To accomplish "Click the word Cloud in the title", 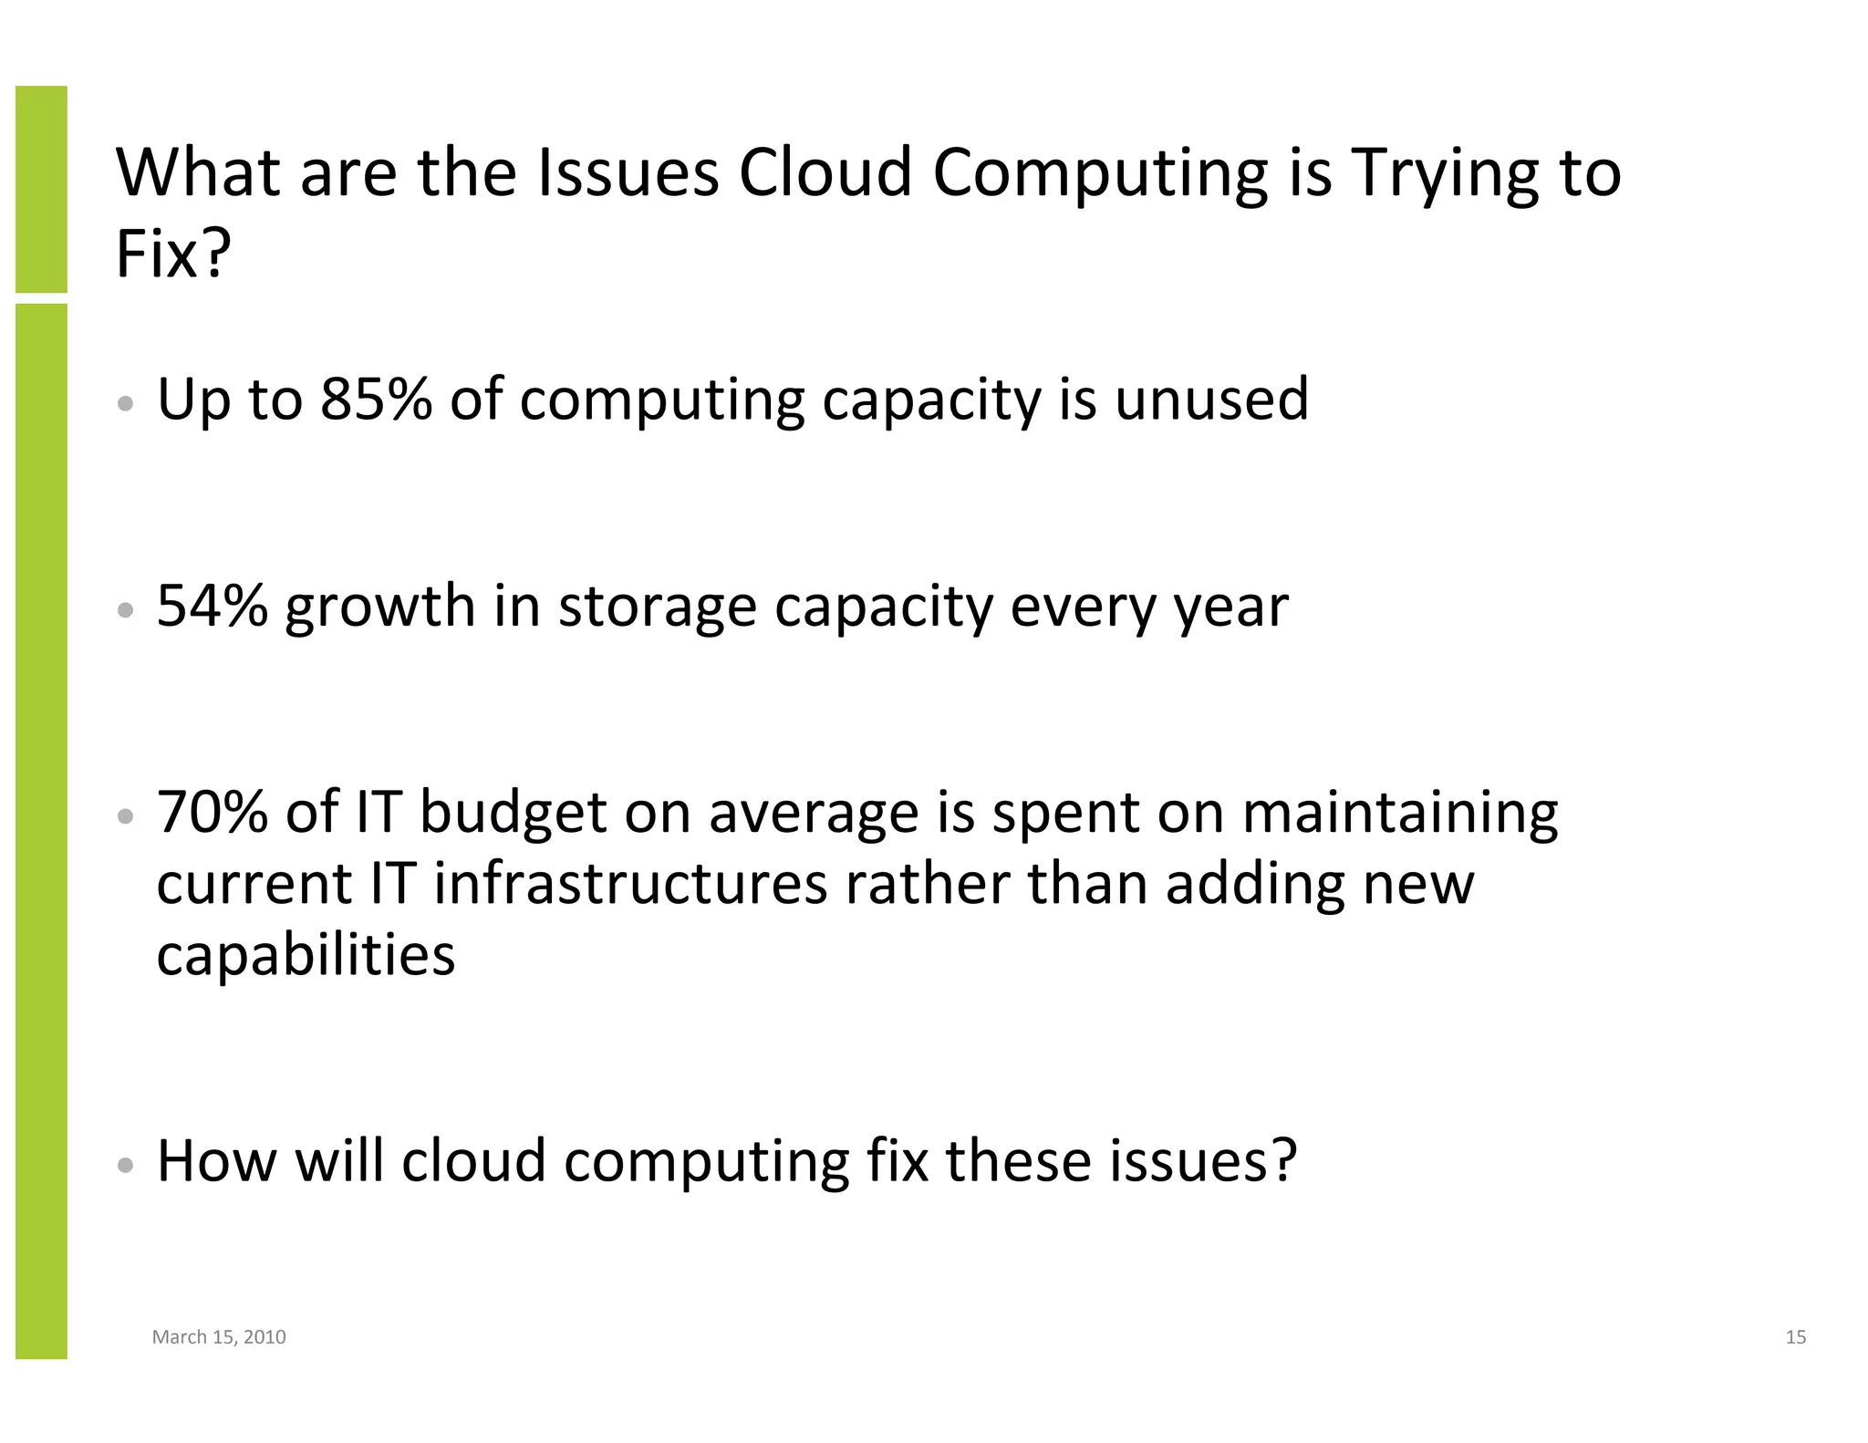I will click(x=825, y=172).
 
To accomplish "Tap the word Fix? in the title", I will click(x=173, y=254).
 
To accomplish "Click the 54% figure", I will click(x=213, y=606).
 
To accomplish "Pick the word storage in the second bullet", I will click(x=657, y=607).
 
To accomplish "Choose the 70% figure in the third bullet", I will click(x=213, y=812).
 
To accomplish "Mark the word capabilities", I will click(x=306, y=956).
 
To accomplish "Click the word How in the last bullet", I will click(x=216, y=1160).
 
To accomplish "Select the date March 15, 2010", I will click(x=219, y=1337).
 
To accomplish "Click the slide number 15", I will click(x=1795, y=1337).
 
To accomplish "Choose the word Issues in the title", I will click(x=628, y=172).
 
